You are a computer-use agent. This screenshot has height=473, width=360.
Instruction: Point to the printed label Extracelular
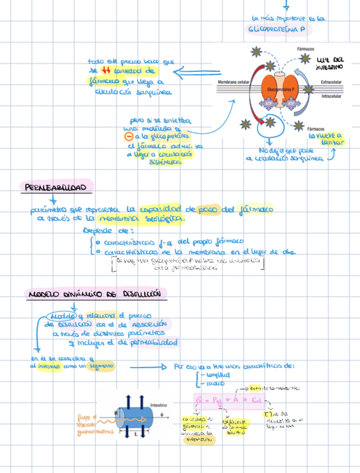(x=333, y=83)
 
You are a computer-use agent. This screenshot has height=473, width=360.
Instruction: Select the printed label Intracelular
(x=333, y=95)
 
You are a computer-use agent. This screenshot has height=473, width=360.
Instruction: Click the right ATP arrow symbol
(x=290, y=103)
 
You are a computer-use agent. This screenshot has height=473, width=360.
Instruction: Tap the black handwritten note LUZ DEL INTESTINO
(x=330, y=63)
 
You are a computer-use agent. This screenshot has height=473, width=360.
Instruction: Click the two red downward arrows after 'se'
(x=106, y=70)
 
